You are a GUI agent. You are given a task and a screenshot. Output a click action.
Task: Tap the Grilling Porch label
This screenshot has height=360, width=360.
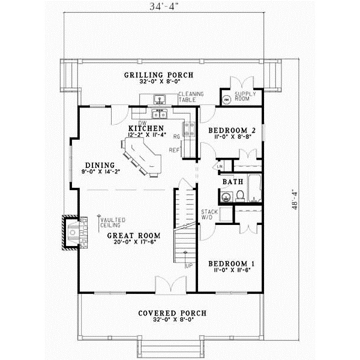[150, 75]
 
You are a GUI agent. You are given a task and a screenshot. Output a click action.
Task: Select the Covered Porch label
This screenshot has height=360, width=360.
[172, 313]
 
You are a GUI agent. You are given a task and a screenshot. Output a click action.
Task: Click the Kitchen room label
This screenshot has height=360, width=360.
[147, 129]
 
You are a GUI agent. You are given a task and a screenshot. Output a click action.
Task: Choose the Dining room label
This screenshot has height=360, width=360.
[96, 164]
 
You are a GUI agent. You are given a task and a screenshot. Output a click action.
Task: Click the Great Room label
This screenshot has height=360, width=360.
[133, 236]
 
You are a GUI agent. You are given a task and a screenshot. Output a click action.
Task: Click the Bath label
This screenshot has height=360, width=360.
[232, 181]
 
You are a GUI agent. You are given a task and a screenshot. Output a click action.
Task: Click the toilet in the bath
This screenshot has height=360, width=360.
[239, 196]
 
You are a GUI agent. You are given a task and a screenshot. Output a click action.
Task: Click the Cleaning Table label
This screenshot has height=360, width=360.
[191, 97]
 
